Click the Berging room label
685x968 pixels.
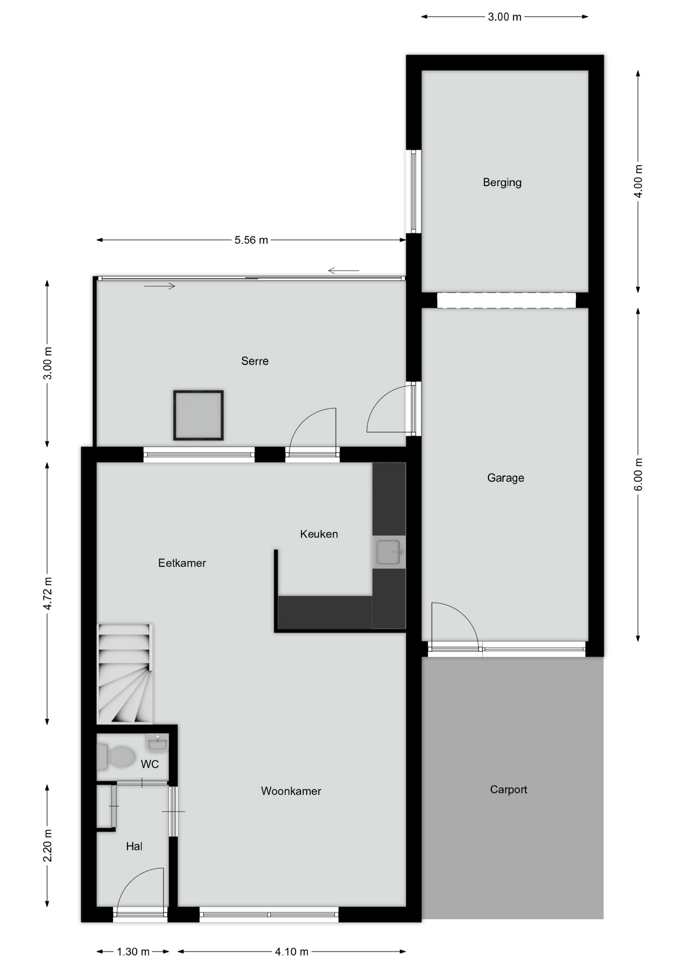pos(502,183)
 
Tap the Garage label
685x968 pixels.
pos(505,478)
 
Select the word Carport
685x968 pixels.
pos(508,790)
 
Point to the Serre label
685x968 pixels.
pos(255,361)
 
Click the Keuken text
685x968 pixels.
pos(319,534)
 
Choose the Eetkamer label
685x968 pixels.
pos(182,563)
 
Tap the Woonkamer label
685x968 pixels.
pos(291,791)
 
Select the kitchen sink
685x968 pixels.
pos(389,552)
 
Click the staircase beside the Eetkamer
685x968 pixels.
pos(125,674)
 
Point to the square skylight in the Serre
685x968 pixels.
pos(198,415)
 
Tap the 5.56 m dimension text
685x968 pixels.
pos(251,240)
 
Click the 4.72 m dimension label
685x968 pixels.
pos(47,593)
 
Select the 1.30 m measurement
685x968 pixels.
pos(133,952)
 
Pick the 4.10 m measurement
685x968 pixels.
pos(292,952)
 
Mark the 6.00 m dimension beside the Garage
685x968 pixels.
pos(638,474)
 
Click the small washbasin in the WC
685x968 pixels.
pos(157,743)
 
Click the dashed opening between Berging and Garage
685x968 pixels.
pos(506,300)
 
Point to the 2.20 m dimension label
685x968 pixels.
pos(47,845)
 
